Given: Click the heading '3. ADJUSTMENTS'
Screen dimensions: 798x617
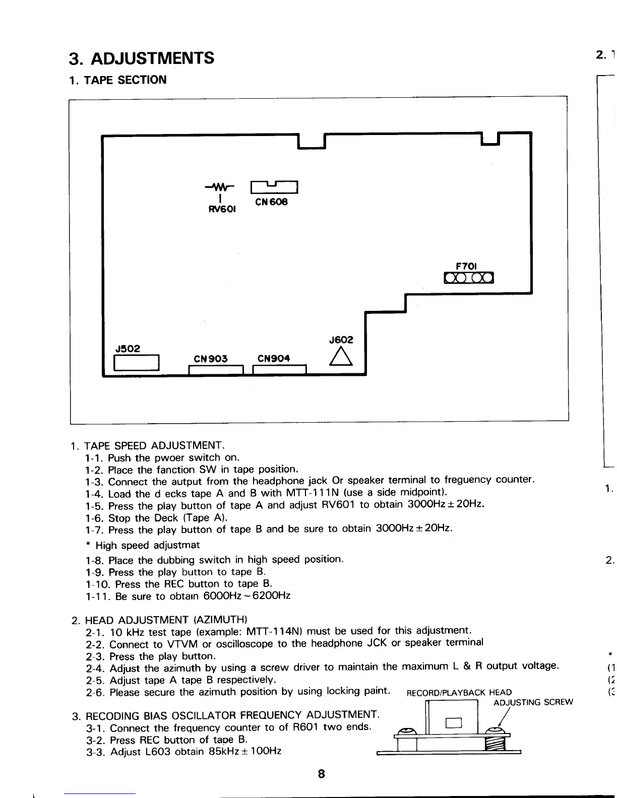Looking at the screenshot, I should [x=142, y=59].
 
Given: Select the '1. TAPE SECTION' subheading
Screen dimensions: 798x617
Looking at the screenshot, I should [x=118, y=80].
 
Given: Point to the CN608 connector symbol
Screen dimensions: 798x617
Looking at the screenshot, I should [x=275, y=187].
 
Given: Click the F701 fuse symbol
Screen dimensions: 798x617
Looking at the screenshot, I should [x=469, y=278].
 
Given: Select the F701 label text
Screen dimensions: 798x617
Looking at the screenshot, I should [x=466, y=265].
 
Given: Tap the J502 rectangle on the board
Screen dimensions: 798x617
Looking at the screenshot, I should [x=137, y=363].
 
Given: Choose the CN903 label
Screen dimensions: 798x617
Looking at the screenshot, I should [x=211, y=359].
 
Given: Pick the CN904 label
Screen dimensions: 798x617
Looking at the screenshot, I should [x=274, y=359].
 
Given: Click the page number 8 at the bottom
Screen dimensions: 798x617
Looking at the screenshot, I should [x=322, y=774].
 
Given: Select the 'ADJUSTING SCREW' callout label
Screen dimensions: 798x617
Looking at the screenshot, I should [x=533, y=703].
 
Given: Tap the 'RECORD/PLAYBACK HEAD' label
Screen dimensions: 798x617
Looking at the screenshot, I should [x=459, y=693].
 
